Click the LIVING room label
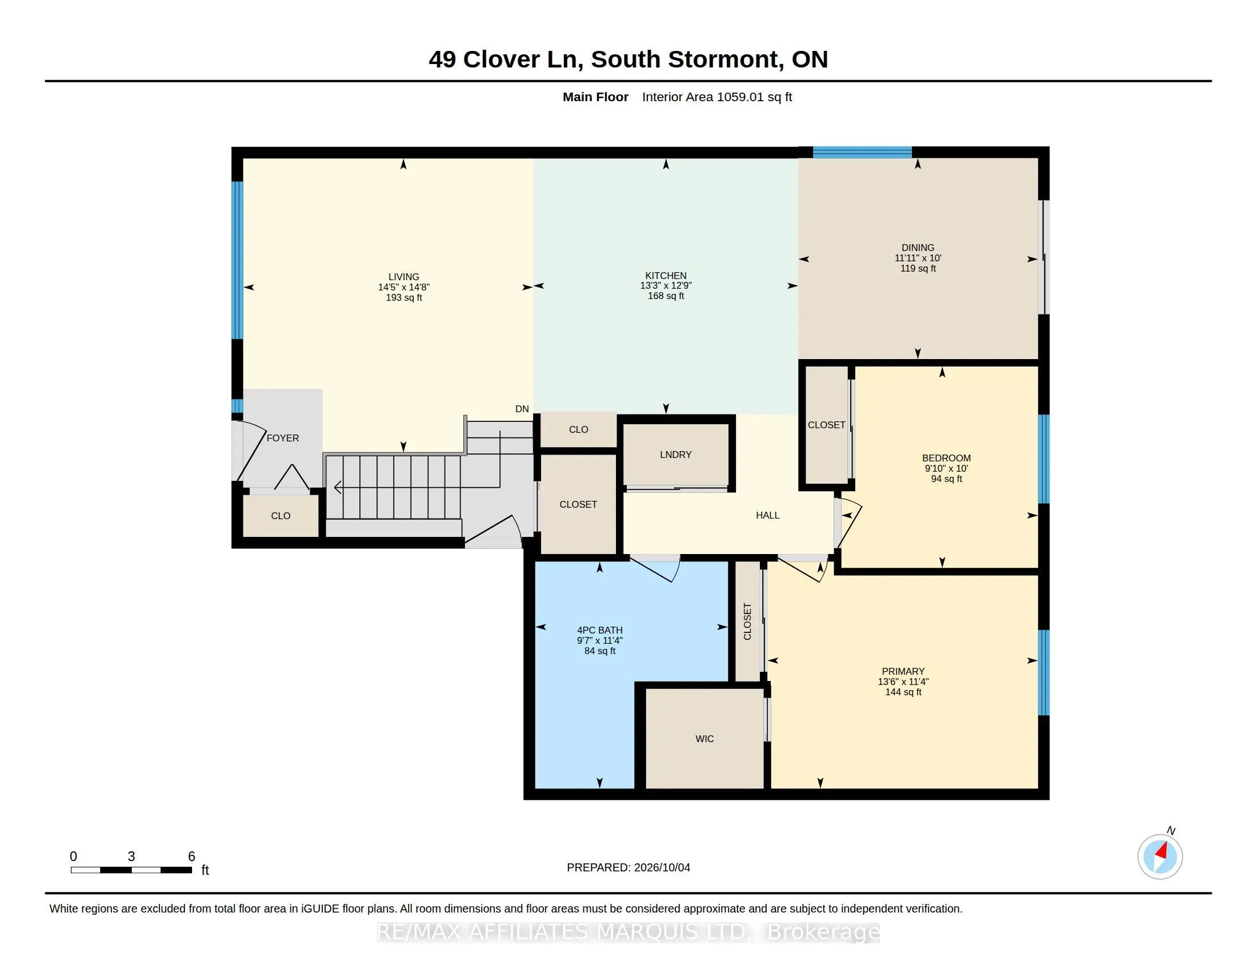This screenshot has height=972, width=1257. [x=403, y=277]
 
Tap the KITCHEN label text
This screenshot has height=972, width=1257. [x=666, y=276]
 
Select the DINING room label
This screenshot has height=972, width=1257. [x=918, y=248]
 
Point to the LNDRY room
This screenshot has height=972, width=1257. [x=676, y=455]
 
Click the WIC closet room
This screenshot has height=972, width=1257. [x=704, y=738]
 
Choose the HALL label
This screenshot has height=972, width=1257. [x=768, y=515]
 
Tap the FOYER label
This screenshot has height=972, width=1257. [x=283, y=438]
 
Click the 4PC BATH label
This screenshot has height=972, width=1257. [x=600, y=631]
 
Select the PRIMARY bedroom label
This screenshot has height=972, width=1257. [x=903, y=671]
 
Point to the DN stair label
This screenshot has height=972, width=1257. [x=522, y=409]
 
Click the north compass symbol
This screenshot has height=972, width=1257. [x=1160, y=857]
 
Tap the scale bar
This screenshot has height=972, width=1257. [x=131, y=870]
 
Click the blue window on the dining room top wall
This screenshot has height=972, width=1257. [x=862, y=153]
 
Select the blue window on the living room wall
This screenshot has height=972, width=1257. [x=237, y=260]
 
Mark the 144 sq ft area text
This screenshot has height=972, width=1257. [x=903, y=692]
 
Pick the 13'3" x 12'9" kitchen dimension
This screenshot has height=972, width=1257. [x=666, y=286]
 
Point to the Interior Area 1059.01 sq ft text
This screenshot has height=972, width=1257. [x=716, y=97]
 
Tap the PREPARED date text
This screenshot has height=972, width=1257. [x=628, y=867]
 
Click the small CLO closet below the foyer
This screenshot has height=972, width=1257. [x=281, y=516]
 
